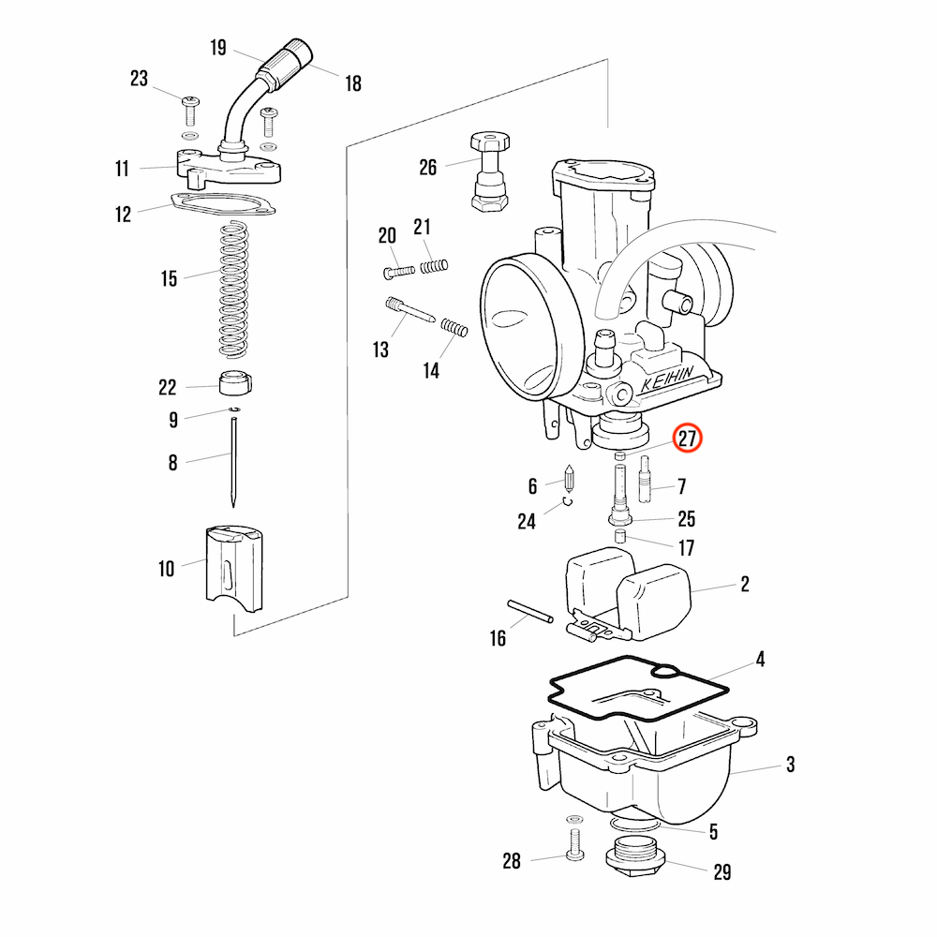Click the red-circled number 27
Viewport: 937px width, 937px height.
689,439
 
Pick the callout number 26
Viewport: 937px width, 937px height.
428,168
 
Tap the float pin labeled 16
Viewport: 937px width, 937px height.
531,611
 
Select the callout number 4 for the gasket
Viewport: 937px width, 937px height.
761,661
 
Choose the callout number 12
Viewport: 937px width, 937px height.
124,215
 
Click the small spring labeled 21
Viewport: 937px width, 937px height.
432,267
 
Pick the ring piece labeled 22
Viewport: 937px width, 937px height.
235,384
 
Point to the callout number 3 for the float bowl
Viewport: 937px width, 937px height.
790,766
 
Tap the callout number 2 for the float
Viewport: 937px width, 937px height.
745,585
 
